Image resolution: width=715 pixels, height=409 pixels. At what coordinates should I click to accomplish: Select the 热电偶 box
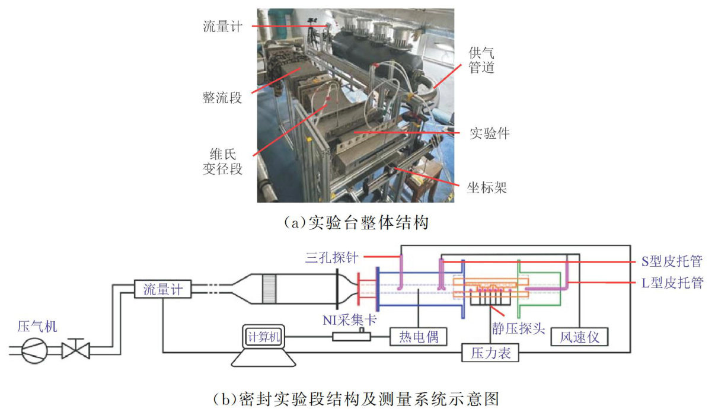[417, 337]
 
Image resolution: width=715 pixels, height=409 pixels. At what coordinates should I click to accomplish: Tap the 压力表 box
[490, 353]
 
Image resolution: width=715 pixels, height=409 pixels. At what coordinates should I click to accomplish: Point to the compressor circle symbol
[36, 350]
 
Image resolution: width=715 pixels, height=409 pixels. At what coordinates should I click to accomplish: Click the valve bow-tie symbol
[76, 350]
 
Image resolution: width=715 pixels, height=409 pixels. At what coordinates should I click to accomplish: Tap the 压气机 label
[37, 326]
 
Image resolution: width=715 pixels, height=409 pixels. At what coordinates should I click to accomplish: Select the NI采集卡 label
[350, 320]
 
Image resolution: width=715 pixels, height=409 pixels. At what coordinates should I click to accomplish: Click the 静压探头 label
[518, 328]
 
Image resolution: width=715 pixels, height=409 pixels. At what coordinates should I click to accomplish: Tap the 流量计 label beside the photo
[222, 27]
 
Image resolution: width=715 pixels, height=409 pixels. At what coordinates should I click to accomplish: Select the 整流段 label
[222, 98]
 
